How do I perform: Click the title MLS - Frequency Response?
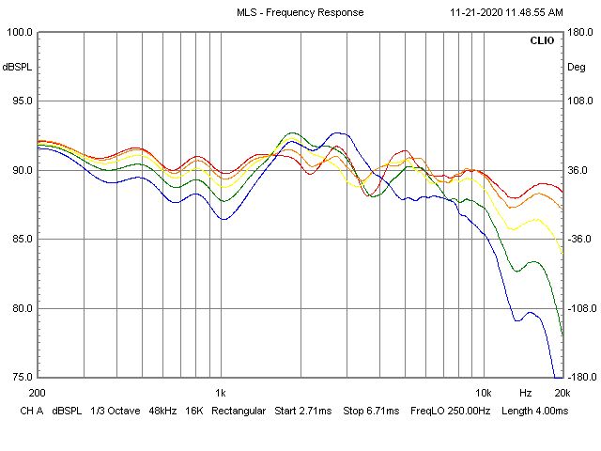300,12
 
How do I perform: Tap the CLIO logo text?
543,42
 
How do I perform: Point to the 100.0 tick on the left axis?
20,32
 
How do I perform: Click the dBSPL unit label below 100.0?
17,67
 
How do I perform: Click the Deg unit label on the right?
576,67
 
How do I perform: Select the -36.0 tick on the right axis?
578,240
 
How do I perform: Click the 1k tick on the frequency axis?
220,393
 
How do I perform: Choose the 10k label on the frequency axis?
483,393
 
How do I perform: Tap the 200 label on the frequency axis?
38,393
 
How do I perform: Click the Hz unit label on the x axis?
526,393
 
